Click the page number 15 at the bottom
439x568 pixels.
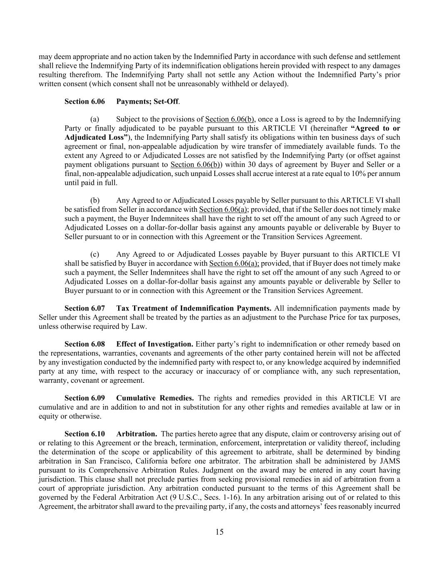(x=220, y=532)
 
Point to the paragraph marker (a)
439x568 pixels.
(x=94, y=119)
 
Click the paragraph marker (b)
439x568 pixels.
(x=94, y=201)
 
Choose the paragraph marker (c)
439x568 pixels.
(x=94, y=254)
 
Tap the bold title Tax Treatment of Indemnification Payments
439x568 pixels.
(x=194, y=308)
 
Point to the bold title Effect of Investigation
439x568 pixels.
(x=155, y=344)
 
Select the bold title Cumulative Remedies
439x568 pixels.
(x=155, y=398)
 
